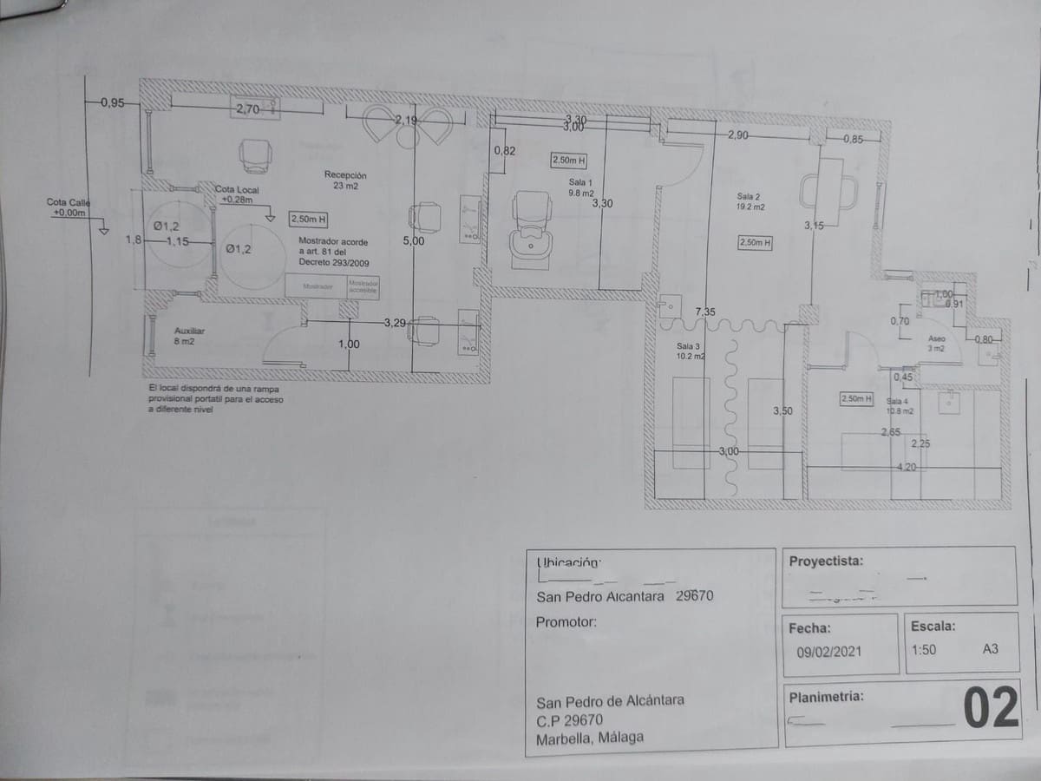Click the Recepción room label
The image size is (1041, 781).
click(x=346, y=180)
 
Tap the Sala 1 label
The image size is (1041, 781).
click(x=580, y=187)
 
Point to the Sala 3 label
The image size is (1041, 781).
click(x=690, y=351)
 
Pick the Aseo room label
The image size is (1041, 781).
click(x=936, y=343)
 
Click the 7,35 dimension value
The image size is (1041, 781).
click(x=705, y=312)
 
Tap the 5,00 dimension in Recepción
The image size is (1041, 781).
click(x=414, y=241)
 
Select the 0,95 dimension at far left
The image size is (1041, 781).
click(x=113, y=103)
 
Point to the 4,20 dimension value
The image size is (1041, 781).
click(x=907, y=468)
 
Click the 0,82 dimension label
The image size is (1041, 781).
click(x=504, y=151)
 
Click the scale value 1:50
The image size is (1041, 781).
click(x=923, y=649)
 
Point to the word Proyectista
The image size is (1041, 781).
click(x=826, y=561)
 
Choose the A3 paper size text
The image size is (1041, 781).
click(x=990, y=648)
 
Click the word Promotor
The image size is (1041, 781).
click(x=566, y=622)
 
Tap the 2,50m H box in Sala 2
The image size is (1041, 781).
click(x=755, y=243)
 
